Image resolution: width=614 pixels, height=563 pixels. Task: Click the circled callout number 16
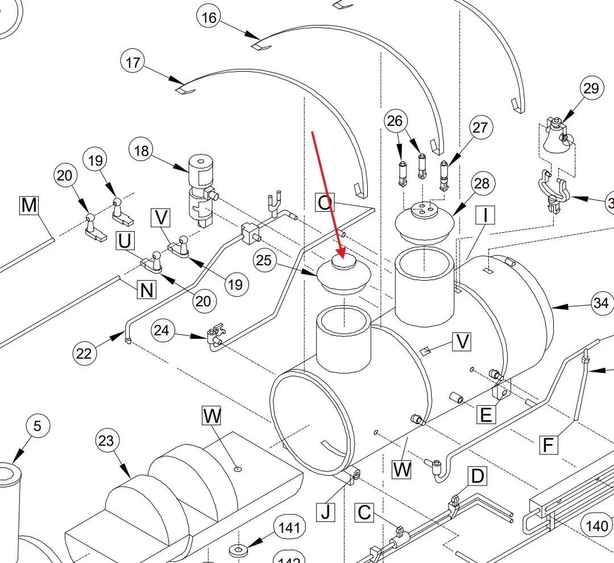pos(209,18)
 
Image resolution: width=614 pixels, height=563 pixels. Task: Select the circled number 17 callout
pos(133,61)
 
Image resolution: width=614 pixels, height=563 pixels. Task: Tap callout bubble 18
pos(142,151)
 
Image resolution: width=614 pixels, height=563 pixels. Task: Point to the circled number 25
pos(264,261)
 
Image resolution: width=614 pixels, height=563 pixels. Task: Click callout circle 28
pos(482,184)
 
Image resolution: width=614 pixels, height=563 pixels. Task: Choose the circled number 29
pos(591,88)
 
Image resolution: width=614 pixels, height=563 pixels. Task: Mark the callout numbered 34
pos(601,303)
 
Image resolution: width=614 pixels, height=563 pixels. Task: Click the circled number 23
pos(106,440)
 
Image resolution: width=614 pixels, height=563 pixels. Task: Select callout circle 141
pos(288,528)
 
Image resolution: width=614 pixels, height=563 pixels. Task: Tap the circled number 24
pos(162,330)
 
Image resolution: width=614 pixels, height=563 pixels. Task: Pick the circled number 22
pos(84,354)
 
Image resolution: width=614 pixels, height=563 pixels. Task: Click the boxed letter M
pos(29,205)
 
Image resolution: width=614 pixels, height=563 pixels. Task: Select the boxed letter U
pos(126,240)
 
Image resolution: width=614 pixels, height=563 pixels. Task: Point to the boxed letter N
pos(147,290)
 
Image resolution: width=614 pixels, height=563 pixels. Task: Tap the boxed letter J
pos(326,512)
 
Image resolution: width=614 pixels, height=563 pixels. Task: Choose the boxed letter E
pos(485,414)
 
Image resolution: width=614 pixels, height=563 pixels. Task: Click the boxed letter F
pos(548,445)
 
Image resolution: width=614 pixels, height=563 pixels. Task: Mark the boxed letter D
pos(478,475)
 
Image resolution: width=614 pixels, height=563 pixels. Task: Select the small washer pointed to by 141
pos(237,551)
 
